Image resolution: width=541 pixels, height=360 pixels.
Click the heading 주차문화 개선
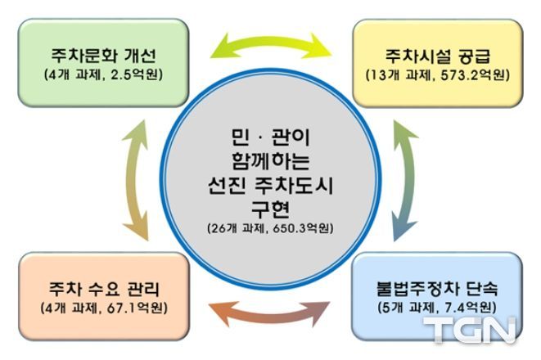pyautogui.click(x=103, y=56)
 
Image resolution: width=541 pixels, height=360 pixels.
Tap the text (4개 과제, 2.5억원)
pyautogui.click(x=103, y=74)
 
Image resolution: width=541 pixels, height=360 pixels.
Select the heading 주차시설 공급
pyautogui.click(x=438, y=56)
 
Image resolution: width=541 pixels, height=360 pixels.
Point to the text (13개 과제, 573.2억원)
pyautogui.click(x=438, y=75)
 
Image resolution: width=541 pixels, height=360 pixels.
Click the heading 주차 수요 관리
pyautogui.click(x=104, y=289)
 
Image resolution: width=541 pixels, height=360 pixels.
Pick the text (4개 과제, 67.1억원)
pyautogui.click(x=104, y=308)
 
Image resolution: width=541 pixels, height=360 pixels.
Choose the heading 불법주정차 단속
pyautogui.click(x=437, y=289)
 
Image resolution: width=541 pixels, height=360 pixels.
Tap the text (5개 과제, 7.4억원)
pyautogui.click(x=437, y=308)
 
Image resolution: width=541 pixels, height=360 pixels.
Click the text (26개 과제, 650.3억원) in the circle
pyautogui.click(x=270, y=228)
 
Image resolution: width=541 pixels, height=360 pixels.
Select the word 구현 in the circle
pyautogui.click(x=270, y=209)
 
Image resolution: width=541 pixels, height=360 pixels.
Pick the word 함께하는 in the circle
pyautogui.click(x=270, y=161)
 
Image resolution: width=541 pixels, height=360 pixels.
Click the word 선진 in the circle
pyautogui.click(x=227, y=186)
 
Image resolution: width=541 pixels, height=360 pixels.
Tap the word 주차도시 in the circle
pyautogui.click(x=294, y=186)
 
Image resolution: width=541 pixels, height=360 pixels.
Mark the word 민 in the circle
pyautogui.click(x=240, y=137)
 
